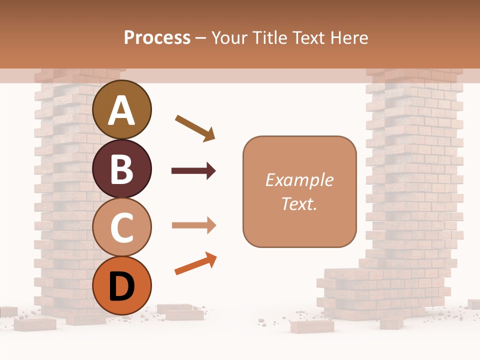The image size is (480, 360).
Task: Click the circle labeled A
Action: (122, 109)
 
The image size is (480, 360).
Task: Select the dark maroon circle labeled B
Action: (122, 168)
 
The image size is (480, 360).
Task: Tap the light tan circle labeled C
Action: (122, 227)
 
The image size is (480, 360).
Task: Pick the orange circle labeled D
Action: (122, 286)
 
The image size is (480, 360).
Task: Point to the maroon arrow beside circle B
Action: (193, 171)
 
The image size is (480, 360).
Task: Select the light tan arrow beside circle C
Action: (193, 225)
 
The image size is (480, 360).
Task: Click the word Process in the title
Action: (157, 37)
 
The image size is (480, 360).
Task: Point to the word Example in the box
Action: (299, 180)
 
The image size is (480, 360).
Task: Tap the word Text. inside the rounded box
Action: (299, 203)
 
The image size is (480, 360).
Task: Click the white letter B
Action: (122, 169)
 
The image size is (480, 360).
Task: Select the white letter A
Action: (122, 110)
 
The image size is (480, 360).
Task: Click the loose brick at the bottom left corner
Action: (35, 324)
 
